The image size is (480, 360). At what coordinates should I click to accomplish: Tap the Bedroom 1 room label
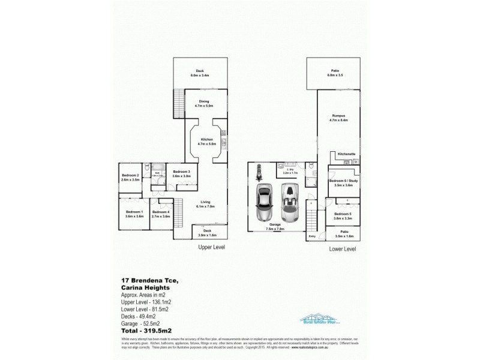click(134, 212)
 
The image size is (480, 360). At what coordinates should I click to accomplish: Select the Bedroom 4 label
click(160, 212)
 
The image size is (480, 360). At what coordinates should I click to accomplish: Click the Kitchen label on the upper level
click(206, 139)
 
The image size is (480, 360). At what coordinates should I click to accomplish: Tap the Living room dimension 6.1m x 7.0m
click(206, 206)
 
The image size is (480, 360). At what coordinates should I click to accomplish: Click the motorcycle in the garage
click(259, 172)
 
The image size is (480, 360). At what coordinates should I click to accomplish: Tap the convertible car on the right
click(290, 202)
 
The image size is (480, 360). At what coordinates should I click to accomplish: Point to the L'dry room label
click(290, 170)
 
